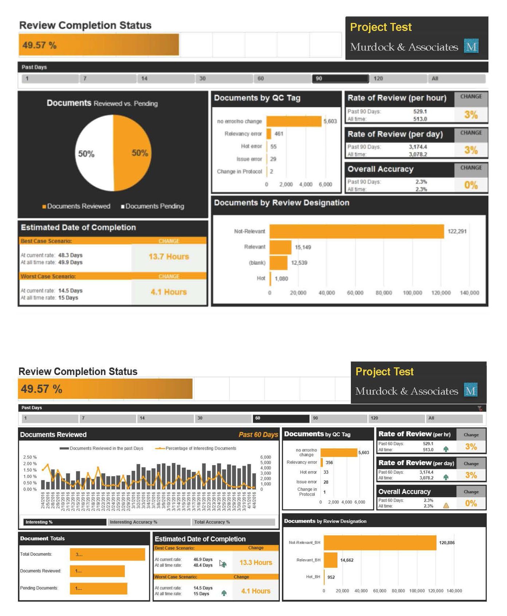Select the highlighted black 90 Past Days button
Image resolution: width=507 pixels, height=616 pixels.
coord(340,79)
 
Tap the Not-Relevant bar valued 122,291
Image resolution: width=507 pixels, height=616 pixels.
coord(357,231)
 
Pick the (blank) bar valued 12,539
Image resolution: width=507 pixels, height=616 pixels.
coord(278,262)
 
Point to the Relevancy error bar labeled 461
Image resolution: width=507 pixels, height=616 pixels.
coord(269,134)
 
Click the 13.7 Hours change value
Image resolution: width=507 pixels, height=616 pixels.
coord(169,257)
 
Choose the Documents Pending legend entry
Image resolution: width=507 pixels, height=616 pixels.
coord(153,206)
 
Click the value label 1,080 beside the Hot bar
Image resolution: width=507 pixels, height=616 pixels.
coord(281,279)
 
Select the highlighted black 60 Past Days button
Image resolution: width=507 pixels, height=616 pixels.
coord(280,418)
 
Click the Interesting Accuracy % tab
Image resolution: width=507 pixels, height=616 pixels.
coord(148,522)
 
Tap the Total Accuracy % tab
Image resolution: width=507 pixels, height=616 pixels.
coord(233,522)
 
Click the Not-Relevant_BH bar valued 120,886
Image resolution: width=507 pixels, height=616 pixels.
coord(380,542)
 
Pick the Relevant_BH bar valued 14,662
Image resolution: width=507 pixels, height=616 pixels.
coord(330,560)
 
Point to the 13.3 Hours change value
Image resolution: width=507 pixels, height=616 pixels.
coord(256,562)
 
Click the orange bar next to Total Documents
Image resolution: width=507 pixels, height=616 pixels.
coord(107,554)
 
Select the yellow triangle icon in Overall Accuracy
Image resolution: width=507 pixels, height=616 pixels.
coord(446,505)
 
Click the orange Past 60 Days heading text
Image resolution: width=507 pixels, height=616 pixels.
coord(258,435)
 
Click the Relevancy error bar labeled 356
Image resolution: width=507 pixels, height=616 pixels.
coord(322,462)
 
